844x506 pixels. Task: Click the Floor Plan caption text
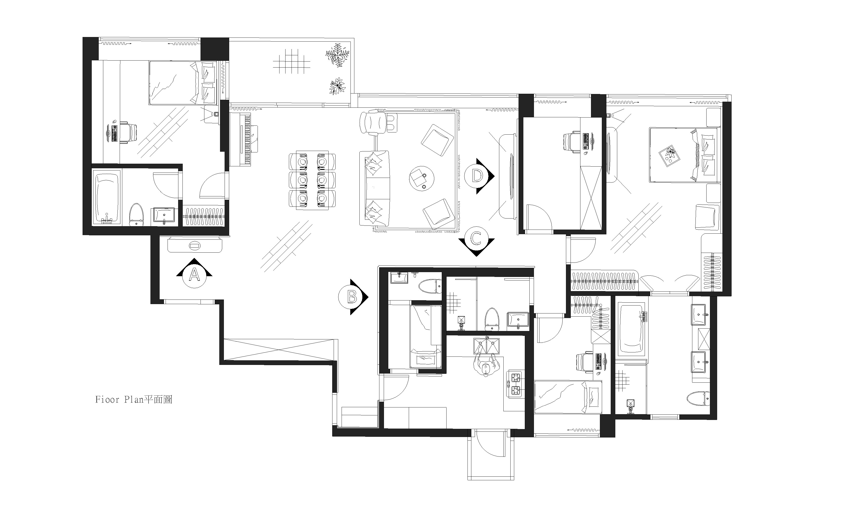(134, 399)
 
